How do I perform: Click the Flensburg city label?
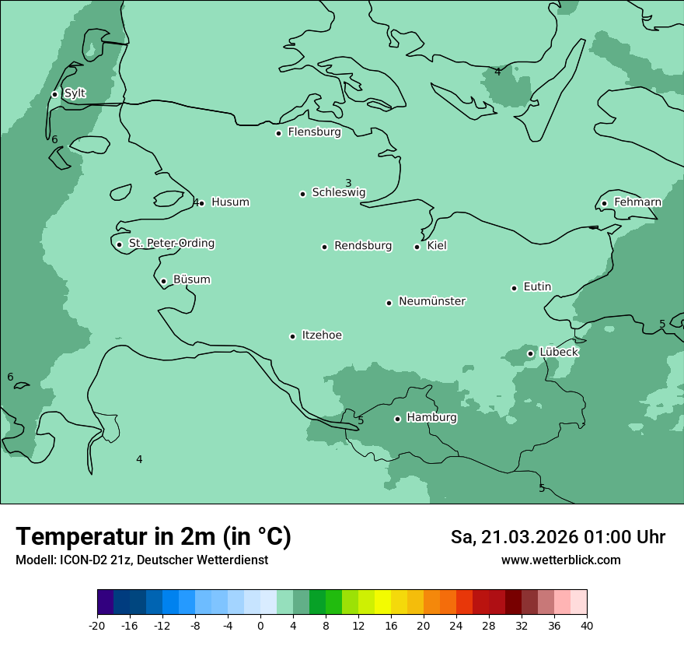click(314, 132)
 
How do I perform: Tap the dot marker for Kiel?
click(417, 247)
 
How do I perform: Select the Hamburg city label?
click(431, 418)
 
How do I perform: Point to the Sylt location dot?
click(54, 94)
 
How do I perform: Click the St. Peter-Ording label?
click(171, 244)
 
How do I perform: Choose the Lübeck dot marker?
click(530, 353)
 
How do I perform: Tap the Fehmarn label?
click(637, 202)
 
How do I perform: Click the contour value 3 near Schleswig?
click(348, 184)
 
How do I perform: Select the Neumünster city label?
click(432, 301)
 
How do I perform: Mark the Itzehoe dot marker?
click(292, 336)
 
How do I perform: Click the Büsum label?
click(191, 280)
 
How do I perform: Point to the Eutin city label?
click(537, 287)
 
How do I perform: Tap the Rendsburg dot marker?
click(324, 247)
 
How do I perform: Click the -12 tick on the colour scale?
click(162, 626)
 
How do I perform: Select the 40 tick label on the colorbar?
click(587, 626)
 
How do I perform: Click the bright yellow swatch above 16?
click(382, 602)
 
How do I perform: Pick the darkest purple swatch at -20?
click(105, 602)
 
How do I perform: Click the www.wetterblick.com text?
click(560, 560)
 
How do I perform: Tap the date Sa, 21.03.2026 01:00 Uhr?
click(557, 537)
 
